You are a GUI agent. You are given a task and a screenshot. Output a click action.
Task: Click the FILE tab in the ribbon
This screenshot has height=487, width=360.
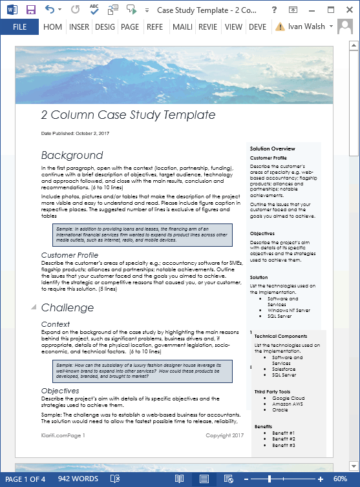click(19, 27)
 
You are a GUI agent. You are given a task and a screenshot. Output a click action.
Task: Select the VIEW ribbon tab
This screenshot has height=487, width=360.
click(233, 27)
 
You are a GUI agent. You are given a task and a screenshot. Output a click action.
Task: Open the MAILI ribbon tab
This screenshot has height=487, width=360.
click(183, 27)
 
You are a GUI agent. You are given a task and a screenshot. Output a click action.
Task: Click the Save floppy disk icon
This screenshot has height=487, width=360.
click(31, 10)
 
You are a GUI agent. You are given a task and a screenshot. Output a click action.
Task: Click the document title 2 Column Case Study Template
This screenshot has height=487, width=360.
click(128, 115)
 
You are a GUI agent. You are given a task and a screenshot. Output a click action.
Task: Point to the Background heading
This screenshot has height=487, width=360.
click(72, 155)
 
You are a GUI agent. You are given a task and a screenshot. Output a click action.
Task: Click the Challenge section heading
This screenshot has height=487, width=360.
click(67, 307)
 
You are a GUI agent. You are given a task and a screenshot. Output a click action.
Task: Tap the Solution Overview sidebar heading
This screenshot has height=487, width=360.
click(272, 149)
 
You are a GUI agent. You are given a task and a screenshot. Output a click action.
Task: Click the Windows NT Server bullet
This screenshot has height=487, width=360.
click(288, 311)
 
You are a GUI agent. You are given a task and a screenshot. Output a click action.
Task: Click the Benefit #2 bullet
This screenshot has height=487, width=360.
click(283, 439)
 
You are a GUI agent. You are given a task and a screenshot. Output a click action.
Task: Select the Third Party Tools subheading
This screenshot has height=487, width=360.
click(272, 392)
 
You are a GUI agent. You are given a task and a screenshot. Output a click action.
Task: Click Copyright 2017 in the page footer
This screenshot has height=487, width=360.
click(224, 435)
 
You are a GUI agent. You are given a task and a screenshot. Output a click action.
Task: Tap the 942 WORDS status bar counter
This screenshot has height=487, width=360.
click(78, 479)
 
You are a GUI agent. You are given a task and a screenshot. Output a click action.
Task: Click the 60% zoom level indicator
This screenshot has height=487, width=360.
click(340, 479)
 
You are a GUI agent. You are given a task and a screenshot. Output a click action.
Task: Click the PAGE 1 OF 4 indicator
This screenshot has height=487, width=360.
click(26, 479)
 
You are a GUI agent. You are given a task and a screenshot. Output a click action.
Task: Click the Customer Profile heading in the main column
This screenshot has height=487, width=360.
click(70, 255)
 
